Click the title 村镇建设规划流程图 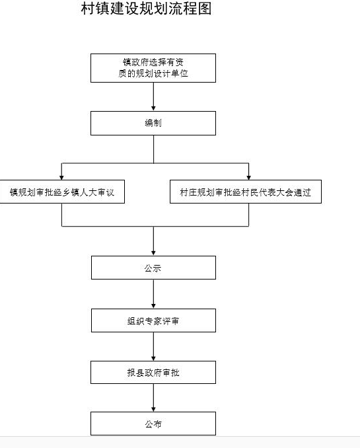pyautogui.click(x=146, y=9)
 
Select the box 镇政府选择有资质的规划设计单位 pyautogui.click(x=153, y=68)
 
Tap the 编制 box pyautogui.click(x=153, y=123)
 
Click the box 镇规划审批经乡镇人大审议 pyautogui.click(x=62, y=192)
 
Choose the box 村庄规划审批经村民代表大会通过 pyautogui.click(x=246, y=192)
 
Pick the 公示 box pyautogui.click(x=153, y=268)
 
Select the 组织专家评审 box pyautogui.click(x=153, y=320)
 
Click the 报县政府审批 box pyautogui.click(x=153, y=372)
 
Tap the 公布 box pyautogui.click(x=153, y=424)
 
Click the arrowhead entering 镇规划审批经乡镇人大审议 pyautogui.click(x=61, y=178)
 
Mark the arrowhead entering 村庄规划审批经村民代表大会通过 pyautogui.click(x=248, y=178)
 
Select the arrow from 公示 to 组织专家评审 pyautogui.click(x=153, y=294)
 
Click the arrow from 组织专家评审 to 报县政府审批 pyautogui.click(x=153, y=346)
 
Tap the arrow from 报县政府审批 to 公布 pyautogui.click(x=153, y=398)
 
